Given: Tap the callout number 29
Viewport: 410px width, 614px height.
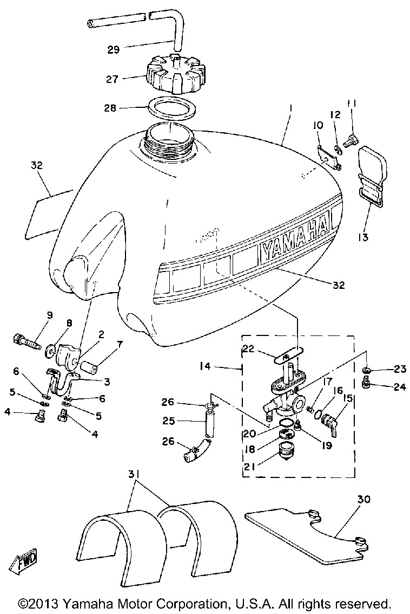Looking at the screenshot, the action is [114, 50].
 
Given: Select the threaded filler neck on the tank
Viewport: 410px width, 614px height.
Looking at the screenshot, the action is [170, 140].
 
